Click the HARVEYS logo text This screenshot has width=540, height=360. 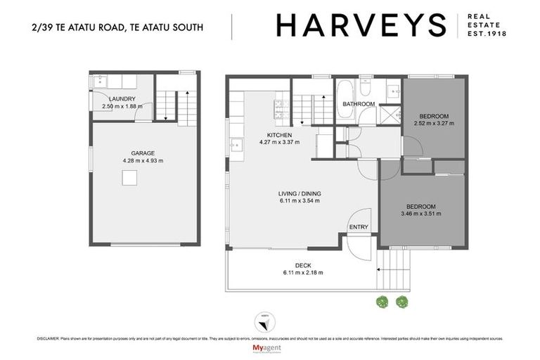click(361, 26)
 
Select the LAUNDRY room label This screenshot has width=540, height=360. click(122, 99)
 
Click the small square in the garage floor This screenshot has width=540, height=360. click(128, 179)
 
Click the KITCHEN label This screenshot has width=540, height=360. click(279, 134)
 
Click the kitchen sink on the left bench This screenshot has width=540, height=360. click(235, 146)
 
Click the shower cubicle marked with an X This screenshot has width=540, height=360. click(387, 114)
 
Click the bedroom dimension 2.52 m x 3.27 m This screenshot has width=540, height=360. click(433, 122)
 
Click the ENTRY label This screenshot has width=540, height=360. click(358, 226)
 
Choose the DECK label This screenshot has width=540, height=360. click(303, 265)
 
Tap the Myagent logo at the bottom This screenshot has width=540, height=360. click(269, 348)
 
